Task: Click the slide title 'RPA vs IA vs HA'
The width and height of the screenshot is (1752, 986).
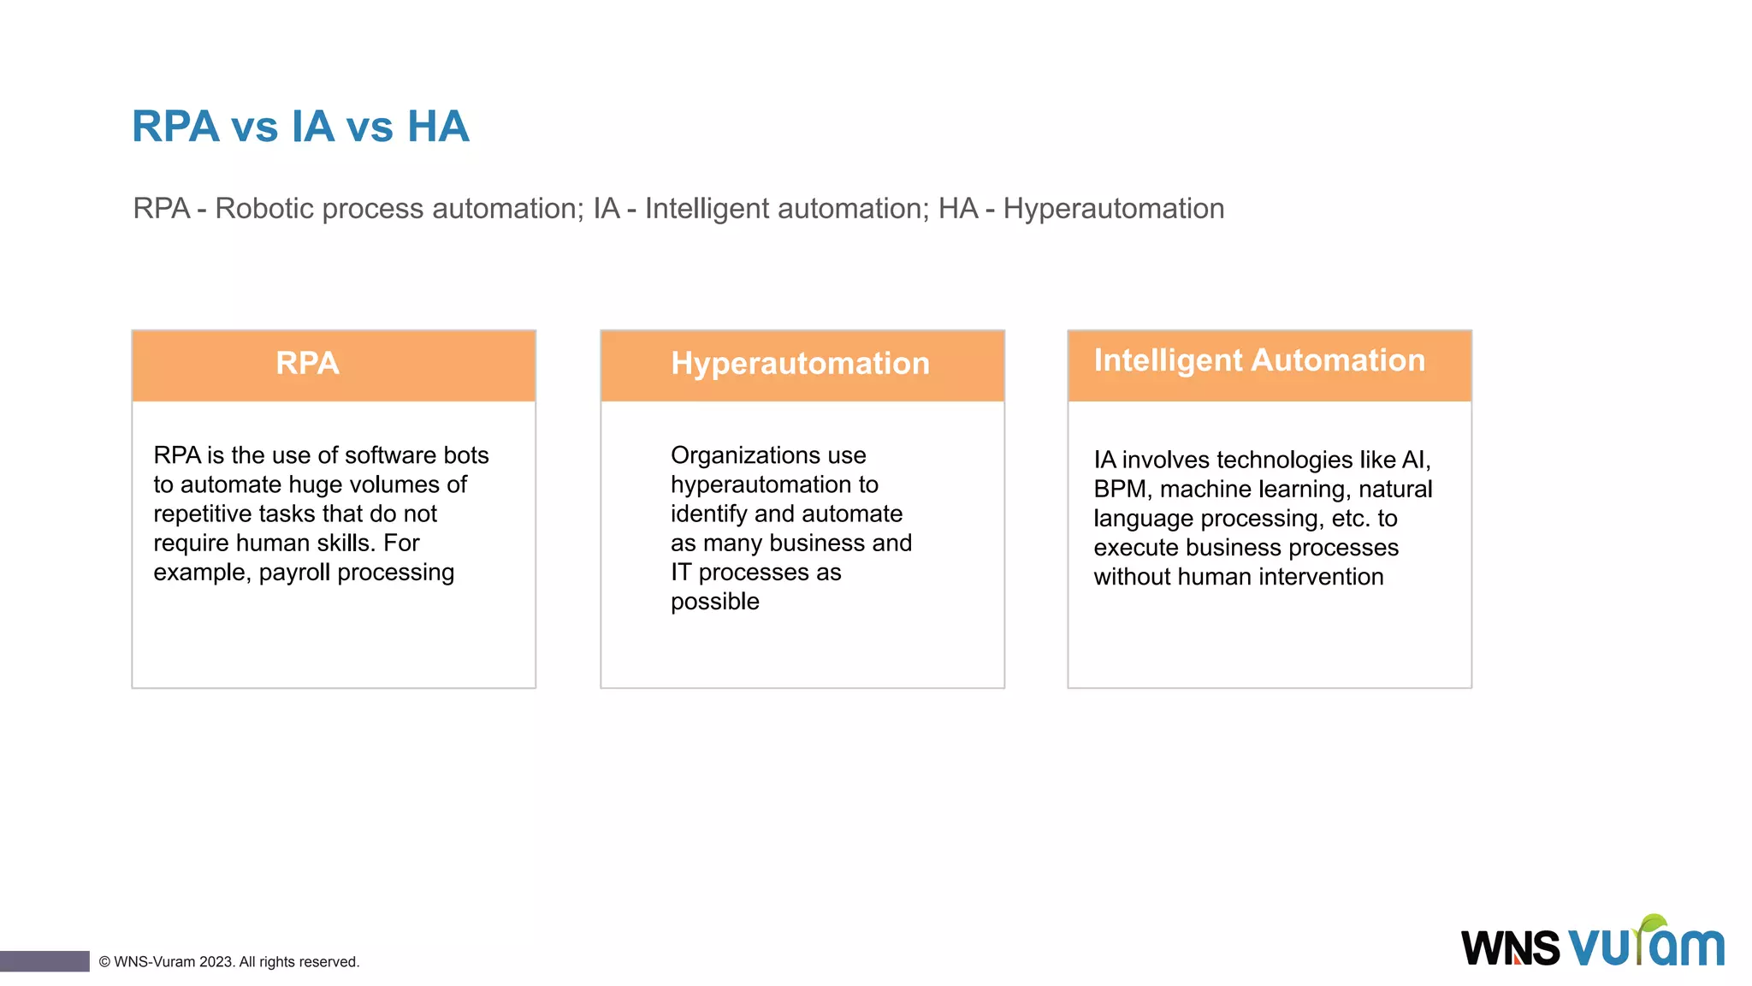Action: (300, 127)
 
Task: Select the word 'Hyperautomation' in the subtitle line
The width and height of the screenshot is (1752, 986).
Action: (1113, 209)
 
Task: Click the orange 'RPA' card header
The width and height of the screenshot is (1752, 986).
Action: (334, 365)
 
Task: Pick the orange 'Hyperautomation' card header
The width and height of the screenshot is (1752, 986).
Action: (802, 365)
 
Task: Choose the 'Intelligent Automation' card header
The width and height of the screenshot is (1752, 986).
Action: (1269, 363)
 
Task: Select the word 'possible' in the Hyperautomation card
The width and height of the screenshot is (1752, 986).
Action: (714, 602)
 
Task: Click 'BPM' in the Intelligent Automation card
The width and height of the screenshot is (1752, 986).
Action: (1120, 490)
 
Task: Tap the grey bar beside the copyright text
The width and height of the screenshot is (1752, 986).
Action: (44, 961)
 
